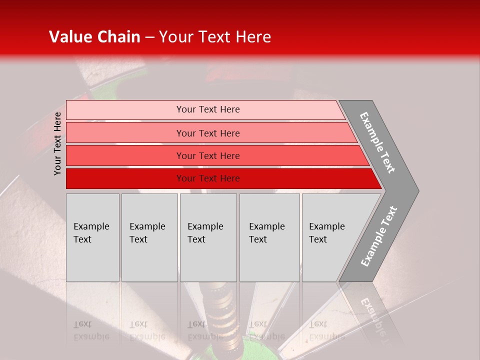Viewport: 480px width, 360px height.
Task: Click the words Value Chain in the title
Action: coord(94,37)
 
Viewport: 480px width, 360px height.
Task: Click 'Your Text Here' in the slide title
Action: coord(215,37)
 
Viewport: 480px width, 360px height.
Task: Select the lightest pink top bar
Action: coord(125,109)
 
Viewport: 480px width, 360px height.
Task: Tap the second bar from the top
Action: coord(125,133)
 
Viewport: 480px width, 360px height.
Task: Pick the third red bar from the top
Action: coord(125,155)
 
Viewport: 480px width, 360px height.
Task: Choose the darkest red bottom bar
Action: coord(125,178)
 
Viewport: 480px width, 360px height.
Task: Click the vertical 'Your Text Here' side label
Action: coord(57,143)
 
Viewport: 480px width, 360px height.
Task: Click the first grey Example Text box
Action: coord(92,237)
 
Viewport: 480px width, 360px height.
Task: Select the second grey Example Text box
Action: coord(149,237)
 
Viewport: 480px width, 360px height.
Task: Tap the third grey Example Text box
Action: coord(208,237)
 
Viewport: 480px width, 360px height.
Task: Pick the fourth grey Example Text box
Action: coord(269,237)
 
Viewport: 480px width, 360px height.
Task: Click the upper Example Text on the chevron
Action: coord(377,142)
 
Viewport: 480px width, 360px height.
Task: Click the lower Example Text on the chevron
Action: coord(379,236)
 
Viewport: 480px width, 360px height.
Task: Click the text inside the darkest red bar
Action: coord(208,178)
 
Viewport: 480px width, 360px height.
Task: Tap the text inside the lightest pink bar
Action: coord(208,109)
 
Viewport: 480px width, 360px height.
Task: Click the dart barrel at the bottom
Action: coord(220,312)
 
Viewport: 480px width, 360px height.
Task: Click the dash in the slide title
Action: coord(149,37)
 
